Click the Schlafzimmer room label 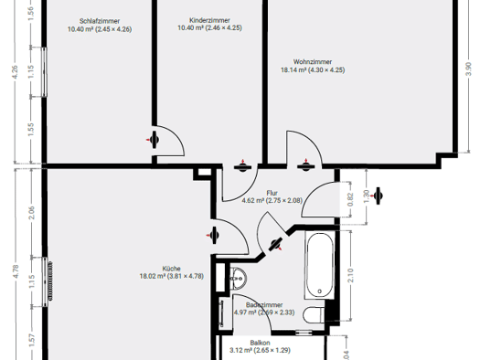point(100,21)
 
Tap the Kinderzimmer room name point(209,20)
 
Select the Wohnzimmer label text point(313,62)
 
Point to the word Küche point(172,269)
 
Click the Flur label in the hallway point(272,193)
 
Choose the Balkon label point(260,343)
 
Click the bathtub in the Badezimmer point(320,265)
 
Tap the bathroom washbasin point(238,279)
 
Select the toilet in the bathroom point(314,314)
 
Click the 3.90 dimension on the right point(468,69)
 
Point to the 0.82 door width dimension point(351,199)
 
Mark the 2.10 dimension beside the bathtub point(351,275)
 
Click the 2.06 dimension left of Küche point(31,213)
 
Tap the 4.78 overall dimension point(16,271)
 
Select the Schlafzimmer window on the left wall point(45,72)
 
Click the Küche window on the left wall point(45,281)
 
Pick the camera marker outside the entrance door point(378,196)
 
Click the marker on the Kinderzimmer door point(242,166)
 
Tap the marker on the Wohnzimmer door point(305,166)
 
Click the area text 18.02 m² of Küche point(153,276)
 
